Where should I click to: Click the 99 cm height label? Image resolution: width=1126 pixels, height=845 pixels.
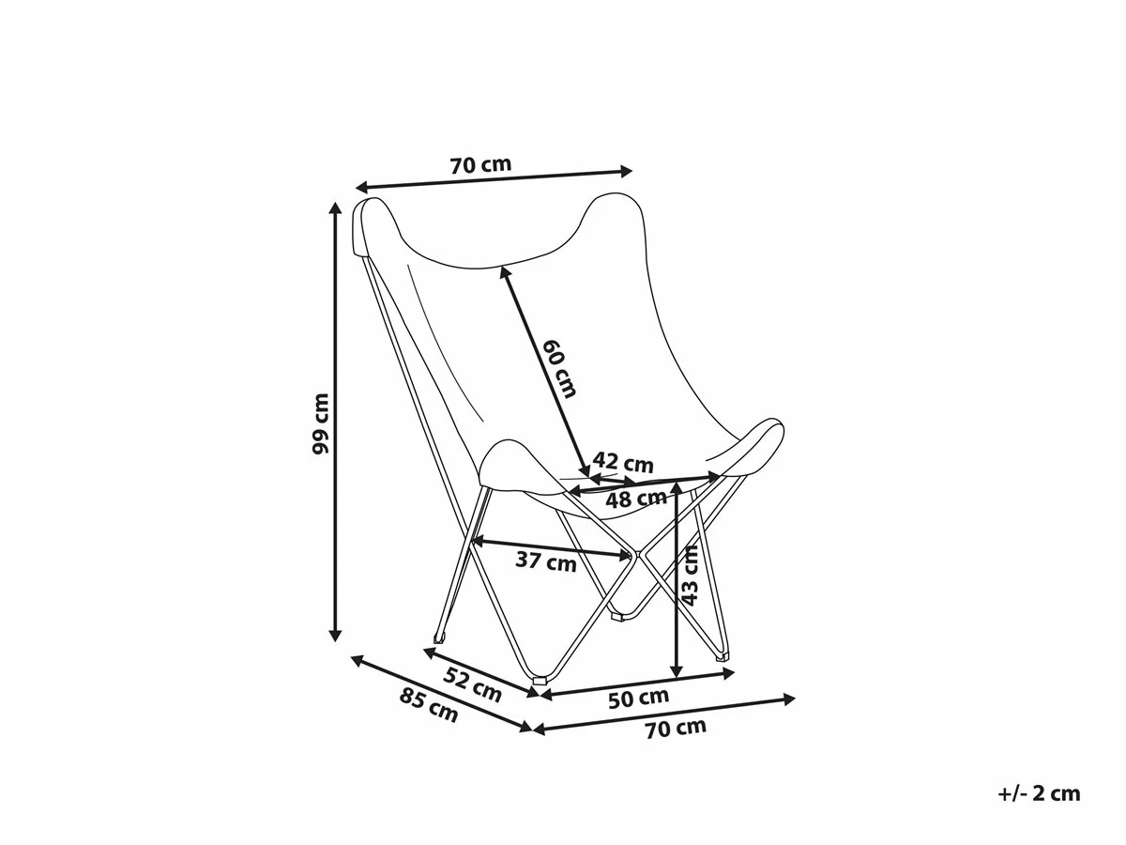320,423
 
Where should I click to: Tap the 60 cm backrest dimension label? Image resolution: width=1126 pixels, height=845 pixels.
559,368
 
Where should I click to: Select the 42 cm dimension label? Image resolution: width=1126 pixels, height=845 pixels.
623,463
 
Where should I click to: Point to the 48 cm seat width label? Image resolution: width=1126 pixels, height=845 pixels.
636,499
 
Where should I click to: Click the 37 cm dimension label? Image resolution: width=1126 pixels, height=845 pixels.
546,561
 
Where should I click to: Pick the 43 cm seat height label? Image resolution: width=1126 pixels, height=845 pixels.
690,576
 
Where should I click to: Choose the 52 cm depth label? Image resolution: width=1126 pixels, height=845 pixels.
472,684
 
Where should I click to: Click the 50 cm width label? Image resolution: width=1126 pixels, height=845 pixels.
639,699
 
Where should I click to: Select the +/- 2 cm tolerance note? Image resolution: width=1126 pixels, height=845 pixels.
1039,793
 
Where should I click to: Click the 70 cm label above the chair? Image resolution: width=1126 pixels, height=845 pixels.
480,164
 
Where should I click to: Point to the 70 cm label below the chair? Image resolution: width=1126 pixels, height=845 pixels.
676,729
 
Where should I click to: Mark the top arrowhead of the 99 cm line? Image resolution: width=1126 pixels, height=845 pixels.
335,207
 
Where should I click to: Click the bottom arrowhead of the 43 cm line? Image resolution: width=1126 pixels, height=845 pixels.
677,671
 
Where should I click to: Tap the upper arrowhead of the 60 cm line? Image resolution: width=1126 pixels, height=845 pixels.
504,273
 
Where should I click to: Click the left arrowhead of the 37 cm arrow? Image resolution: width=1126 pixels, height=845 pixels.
476,540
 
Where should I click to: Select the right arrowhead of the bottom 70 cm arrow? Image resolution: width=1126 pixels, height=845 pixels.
788,699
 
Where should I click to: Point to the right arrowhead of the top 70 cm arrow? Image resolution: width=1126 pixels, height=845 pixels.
627,172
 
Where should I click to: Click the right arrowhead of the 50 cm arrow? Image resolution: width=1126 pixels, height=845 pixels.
729,673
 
